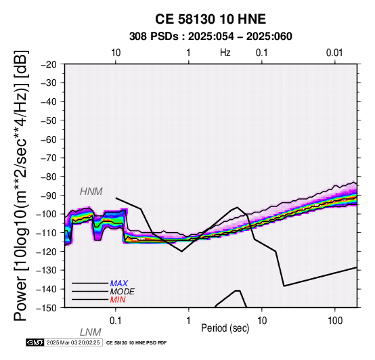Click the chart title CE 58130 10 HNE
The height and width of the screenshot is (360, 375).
pyautogui.click(x=211, y=19)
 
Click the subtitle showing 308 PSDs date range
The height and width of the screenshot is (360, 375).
pyautogui.click(x=211, y=37)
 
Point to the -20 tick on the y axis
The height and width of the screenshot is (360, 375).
pyautogui.click(x=49, y=64)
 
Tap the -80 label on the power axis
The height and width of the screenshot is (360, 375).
pyautogui.click(x=49, y=177)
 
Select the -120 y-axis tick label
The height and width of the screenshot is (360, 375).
pyautogui.click(x=47, y=252)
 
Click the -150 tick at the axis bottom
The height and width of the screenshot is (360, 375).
pyautogui.click(x=47, y=308)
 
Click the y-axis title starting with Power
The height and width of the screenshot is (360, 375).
pyautogui.click(x=20, y=185)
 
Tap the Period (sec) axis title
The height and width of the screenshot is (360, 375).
pyautogui.click(x=225, y=328)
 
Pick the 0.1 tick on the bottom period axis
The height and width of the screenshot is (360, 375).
pyautogui.click(x=116, y=321)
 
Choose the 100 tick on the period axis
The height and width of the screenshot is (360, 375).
pyautogui.click(x=335, y=321)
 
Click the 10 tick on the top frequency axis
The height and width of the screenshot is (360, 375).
pyautogui.click(x=116, y=53)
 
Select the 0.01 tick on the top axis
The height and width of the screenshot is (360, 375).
pyautogui.click(x=334, y=53)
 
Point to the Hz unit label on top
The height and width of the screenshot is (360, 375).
pyautogui.click(x=225, y=53)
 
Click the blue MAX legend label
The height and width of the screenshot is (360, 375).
pyautogui.click(x=118, y=284)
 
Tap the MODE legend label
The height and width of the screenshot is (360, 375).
pyautogui.click(x=122, y=292)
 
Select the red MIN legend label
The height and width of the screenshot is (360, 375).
pyautogui.click(x=118, y=300)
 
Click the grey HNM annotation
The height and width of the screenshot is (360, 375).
pyautogui.click(x=91, y=192)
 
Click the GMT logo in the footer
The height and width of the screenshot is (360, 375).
pyautogui.click(x=35, y=342)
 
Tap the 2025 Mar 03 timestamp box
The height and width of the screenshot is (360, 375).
pyautogui.click(x=73, y=342)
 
